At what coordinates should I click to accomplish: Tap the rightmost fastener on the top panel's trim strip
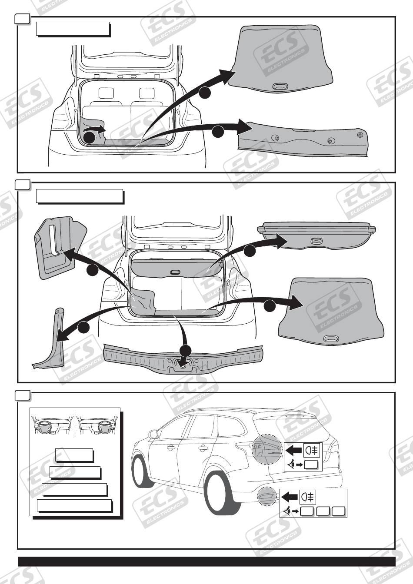click(x=360, y=135)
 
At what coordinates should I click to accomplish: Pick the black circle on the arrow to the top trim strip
click(x=218, y=131)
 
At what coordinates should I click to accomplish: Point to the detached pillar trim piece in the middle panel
click(x=50, y=339)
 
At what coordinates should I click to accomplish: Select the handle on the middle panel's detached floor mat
click(x=332, y=338)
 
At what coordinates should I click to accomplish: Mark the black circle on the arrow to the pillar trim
click(x=83, y=328)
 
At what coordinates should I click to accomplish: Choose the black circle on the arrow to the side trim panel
click(x=93, y=270)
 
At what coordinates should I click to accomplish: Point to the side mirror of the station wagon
click(x=153, y=435)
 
